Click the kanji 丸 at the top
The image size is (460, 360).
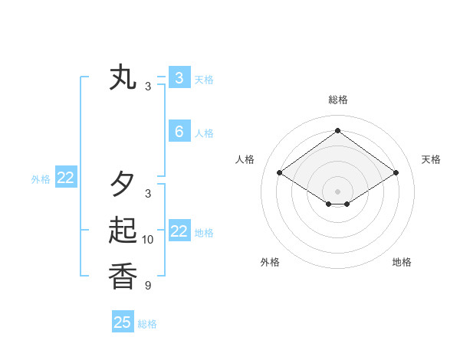coord(123,78)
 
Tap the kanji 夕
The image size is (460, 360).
coord(123,184)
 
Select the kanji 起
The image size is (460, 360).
coord(123,231)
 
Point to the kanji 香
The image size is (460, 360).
coord(123,276)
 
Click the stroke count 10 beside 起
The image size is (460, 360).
coord(148,240)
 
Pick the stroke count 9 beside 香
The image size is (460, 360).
coord(148,286)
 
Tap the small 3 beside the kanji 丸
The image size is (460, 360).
coord(148,87)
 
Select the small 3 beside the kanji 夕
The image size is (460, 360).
coord(148,194)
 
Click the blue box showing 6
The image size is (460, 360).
coord(179,132)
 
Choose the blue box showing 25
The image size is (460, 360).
coord(123,322)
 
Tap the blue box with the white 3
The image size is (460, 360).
coord(179,77)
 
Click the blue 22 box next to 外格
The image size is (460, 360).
coord(65,178)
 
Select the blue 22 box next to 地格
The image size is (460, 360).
coord(179,231)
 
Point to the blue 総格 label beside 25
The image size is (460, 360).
coord(147,324)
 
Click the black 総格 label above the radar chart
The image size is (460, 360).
coord(337,100)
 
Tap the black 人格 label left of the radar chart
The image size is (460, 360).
coord(245,159)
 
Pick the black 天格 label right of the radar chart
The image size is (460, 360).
coord(431,159)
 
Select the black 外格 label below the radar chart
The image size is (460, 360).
coord(270,262)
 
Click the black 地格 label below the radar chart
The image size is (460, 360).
coord(402,262)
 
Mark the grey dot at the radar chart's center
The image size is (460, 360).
coord(337,191)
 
